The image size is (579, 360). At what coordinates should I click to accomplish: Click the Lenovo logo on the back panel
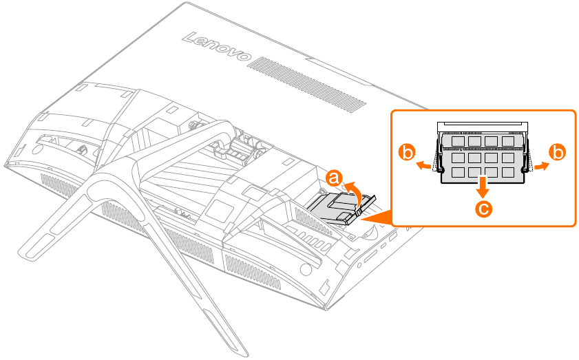point(217,47)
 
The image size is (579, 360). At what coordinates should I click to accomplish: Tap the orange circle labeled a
point(334,178)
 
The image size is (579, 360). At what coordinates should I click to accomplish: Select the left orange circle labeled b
point(407,153)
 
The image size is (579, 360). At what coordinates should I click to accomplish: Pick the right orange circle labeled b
point(557,153)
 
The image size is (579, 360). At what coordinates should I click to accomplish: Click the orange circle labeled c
point(483,209)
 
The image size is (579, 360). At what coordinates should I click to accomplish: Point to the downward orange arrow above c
point(483,187)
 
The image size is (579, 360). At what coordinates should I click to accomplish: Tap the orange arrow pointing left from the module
point(423,166)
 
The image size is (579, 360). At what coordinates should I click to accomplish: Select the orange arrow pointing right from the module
point(541,166)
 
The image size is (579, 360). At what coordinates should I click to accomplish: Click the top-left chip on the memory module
point(458,141)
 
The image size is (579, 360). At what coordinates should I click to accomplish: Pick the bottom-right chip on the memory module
point(508,172)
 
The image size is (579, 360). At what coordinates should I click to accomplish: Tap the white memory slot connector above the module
point(483,127)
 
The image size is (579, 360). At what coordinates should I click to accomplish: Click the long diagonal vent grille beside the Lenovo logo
point(307,84)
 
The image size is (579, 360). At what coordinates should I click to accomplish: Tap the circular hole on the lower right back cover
point(306,270)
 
